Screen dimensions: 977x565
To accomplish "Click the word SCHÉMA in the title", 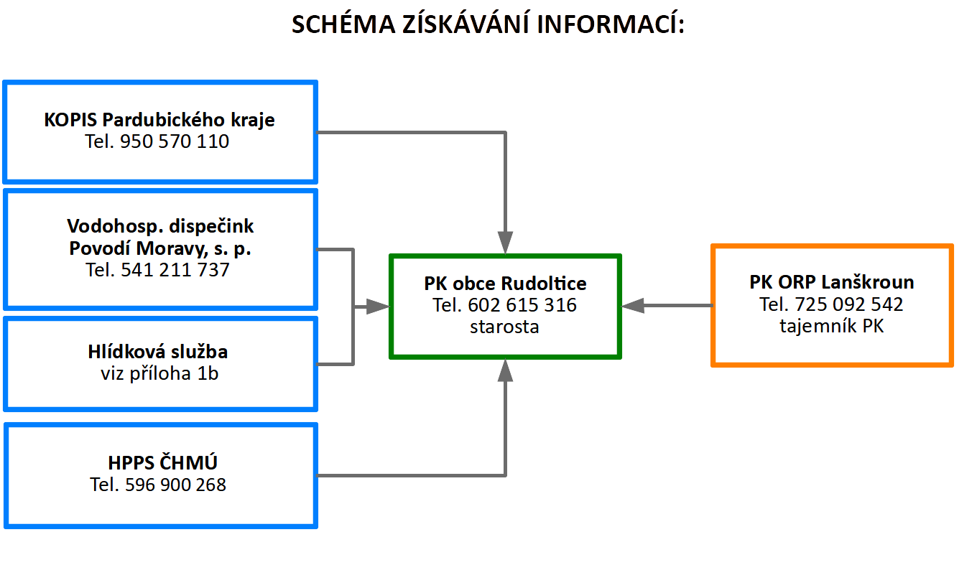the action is click(343, 24).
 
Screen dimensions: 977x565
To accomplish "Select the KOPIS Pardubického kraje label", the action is click(159, 120).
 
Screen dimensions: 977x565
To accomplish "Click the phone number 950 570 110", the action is click(175, 141).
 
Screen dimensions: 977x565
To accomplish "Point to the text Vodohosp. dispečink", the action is click(160, 226).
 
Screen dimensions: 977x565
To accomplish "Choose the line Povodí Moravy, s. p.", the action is click(160, 248).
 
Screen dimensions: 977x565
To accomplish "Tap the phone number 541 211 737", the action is click(175, 270).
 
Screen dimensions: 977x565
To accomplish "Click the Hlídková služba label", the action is click(158, 351).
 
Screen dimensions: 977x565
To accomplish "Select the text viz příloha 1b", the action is click(159, 373).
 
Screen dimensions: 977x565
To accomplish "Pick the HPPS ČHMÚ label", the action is click(162, 462).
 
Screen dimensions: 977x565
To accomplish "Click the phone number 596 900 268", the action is click(175, 485).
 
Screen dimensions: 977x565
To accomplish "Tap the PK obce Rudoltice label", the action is click(505, 284).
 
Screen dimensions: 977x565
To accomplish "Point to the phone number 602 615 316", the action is click(522, 305).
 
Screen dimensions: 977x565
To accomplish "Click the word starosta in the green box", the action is click(504, 327).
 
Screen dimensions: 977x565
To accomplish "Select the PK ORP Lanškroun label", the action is click(832, 282).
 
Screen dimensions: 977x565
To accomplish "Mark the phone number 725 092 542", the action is click(849, 304).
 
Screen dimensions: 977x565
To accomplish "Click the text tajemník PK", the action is click(832, 326).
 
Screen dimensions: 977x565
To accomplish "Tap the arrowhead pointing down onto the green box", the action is click(505, 243).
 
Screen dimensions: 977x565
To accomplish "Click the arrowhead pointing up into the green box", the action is click(505, 370).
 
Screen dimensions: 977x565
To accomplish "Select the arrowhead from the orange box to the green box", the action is click(633, 306).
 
